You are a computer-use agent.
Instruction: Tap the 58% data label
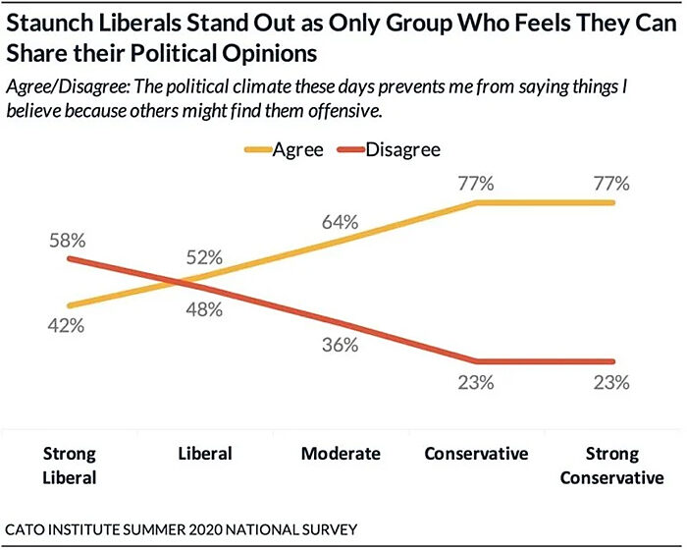(x=69, y=240)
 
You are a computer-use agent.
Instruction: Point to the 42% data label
(x=69, y=326)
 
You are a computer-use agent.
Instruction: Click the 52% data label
(x=206, y=258)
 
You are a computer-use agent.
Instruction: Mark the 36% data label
(x=342, y=345)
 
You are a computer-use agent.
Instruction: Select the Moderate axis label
(x=341, y=454)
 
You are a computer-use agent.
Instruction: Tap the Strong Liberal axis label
(x=70, y=466)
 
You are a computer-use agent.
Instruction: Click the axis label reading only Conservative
(x=477, y=454)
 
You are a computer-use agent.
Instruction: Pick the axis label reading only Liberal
(x=205, y=454)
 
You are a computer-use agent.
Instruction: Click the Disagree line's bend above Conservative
(x=477, y=360)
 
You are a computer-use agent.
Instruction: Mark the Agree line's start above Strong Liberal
(x=70, y=305)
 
